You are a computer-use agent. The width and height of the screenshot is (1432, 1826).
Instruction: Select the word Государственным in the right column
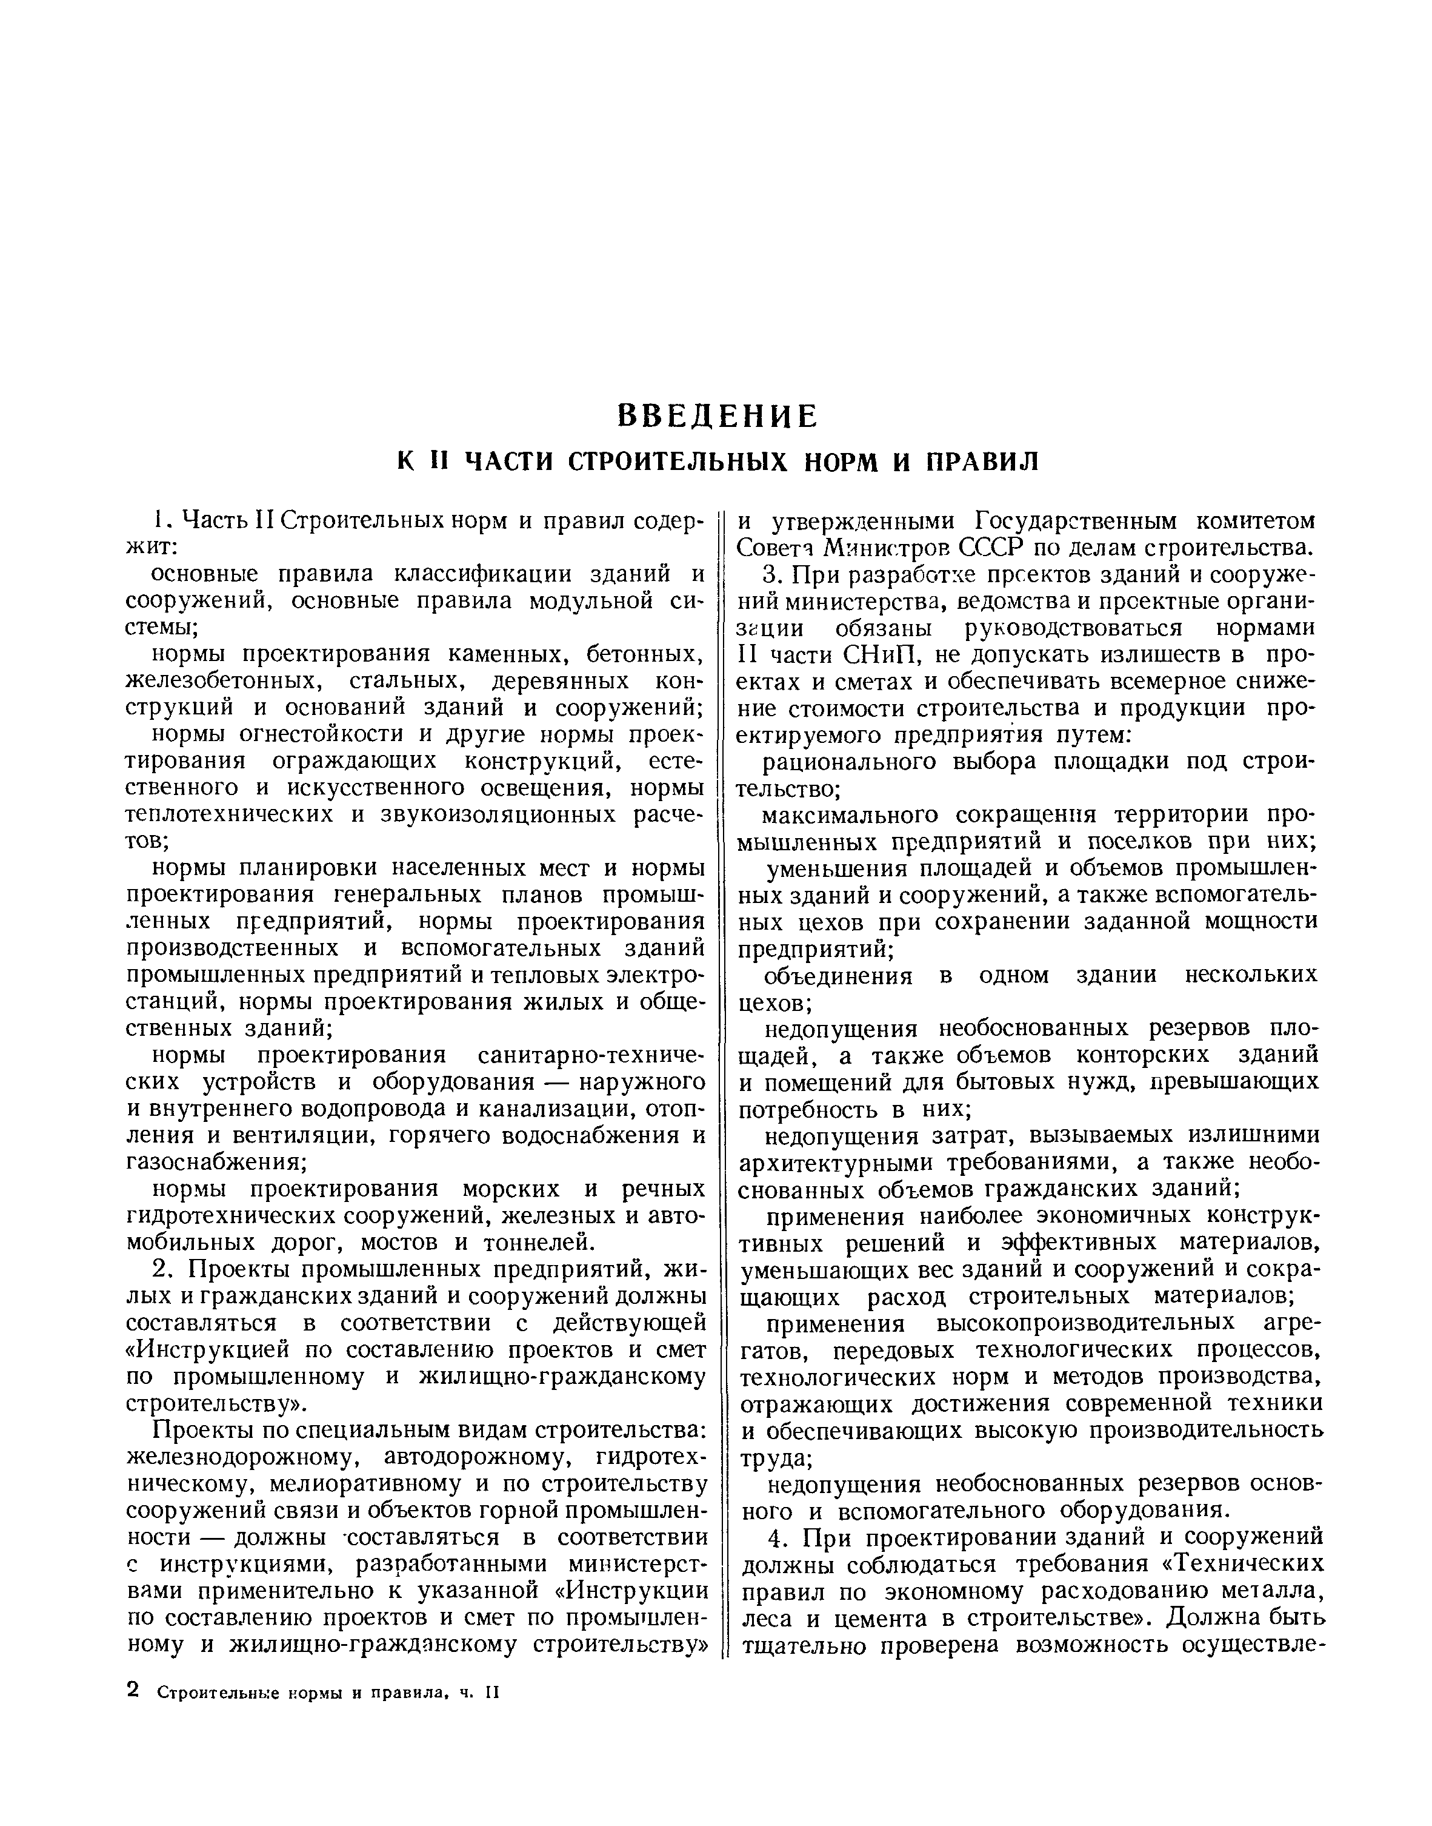pos(1074,521)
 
